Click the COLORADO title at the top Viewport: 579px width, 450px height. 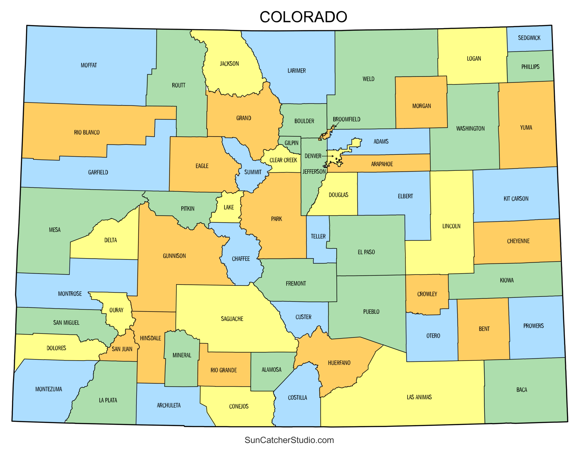(303, 17)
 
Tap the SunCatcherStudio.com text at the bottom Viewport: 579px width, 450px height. (289, 440)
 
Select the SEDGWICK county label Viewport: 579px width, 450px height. (529, 38)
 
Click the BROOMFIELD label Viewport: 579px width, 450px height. (346, 119)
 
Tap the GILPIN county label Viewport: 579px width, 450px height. (291, 143)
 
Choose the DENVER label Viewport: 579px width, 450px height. (313, 156)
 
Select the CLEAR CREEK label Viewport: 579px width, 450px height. (283, 160)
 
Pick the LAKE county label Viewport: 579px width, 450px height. (229, 207)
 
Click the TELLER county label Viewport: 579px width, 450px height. (318, 236)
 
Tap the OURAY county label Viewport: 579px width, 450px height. (116, 310)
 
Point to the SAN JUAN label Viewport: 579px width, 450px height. (122, 349)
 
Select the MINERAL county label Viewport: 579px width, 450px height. (182, 355)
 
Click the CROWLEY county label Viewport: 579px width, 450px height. (427, 294)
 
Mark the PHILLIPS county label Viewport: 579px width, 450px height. (530, 67)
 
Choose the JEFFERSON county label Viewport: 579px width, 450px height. (314, 171)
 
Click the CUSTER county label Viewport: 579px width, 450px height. (303, 317)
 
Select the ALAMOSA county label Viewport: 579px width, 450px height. (271, 369)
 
